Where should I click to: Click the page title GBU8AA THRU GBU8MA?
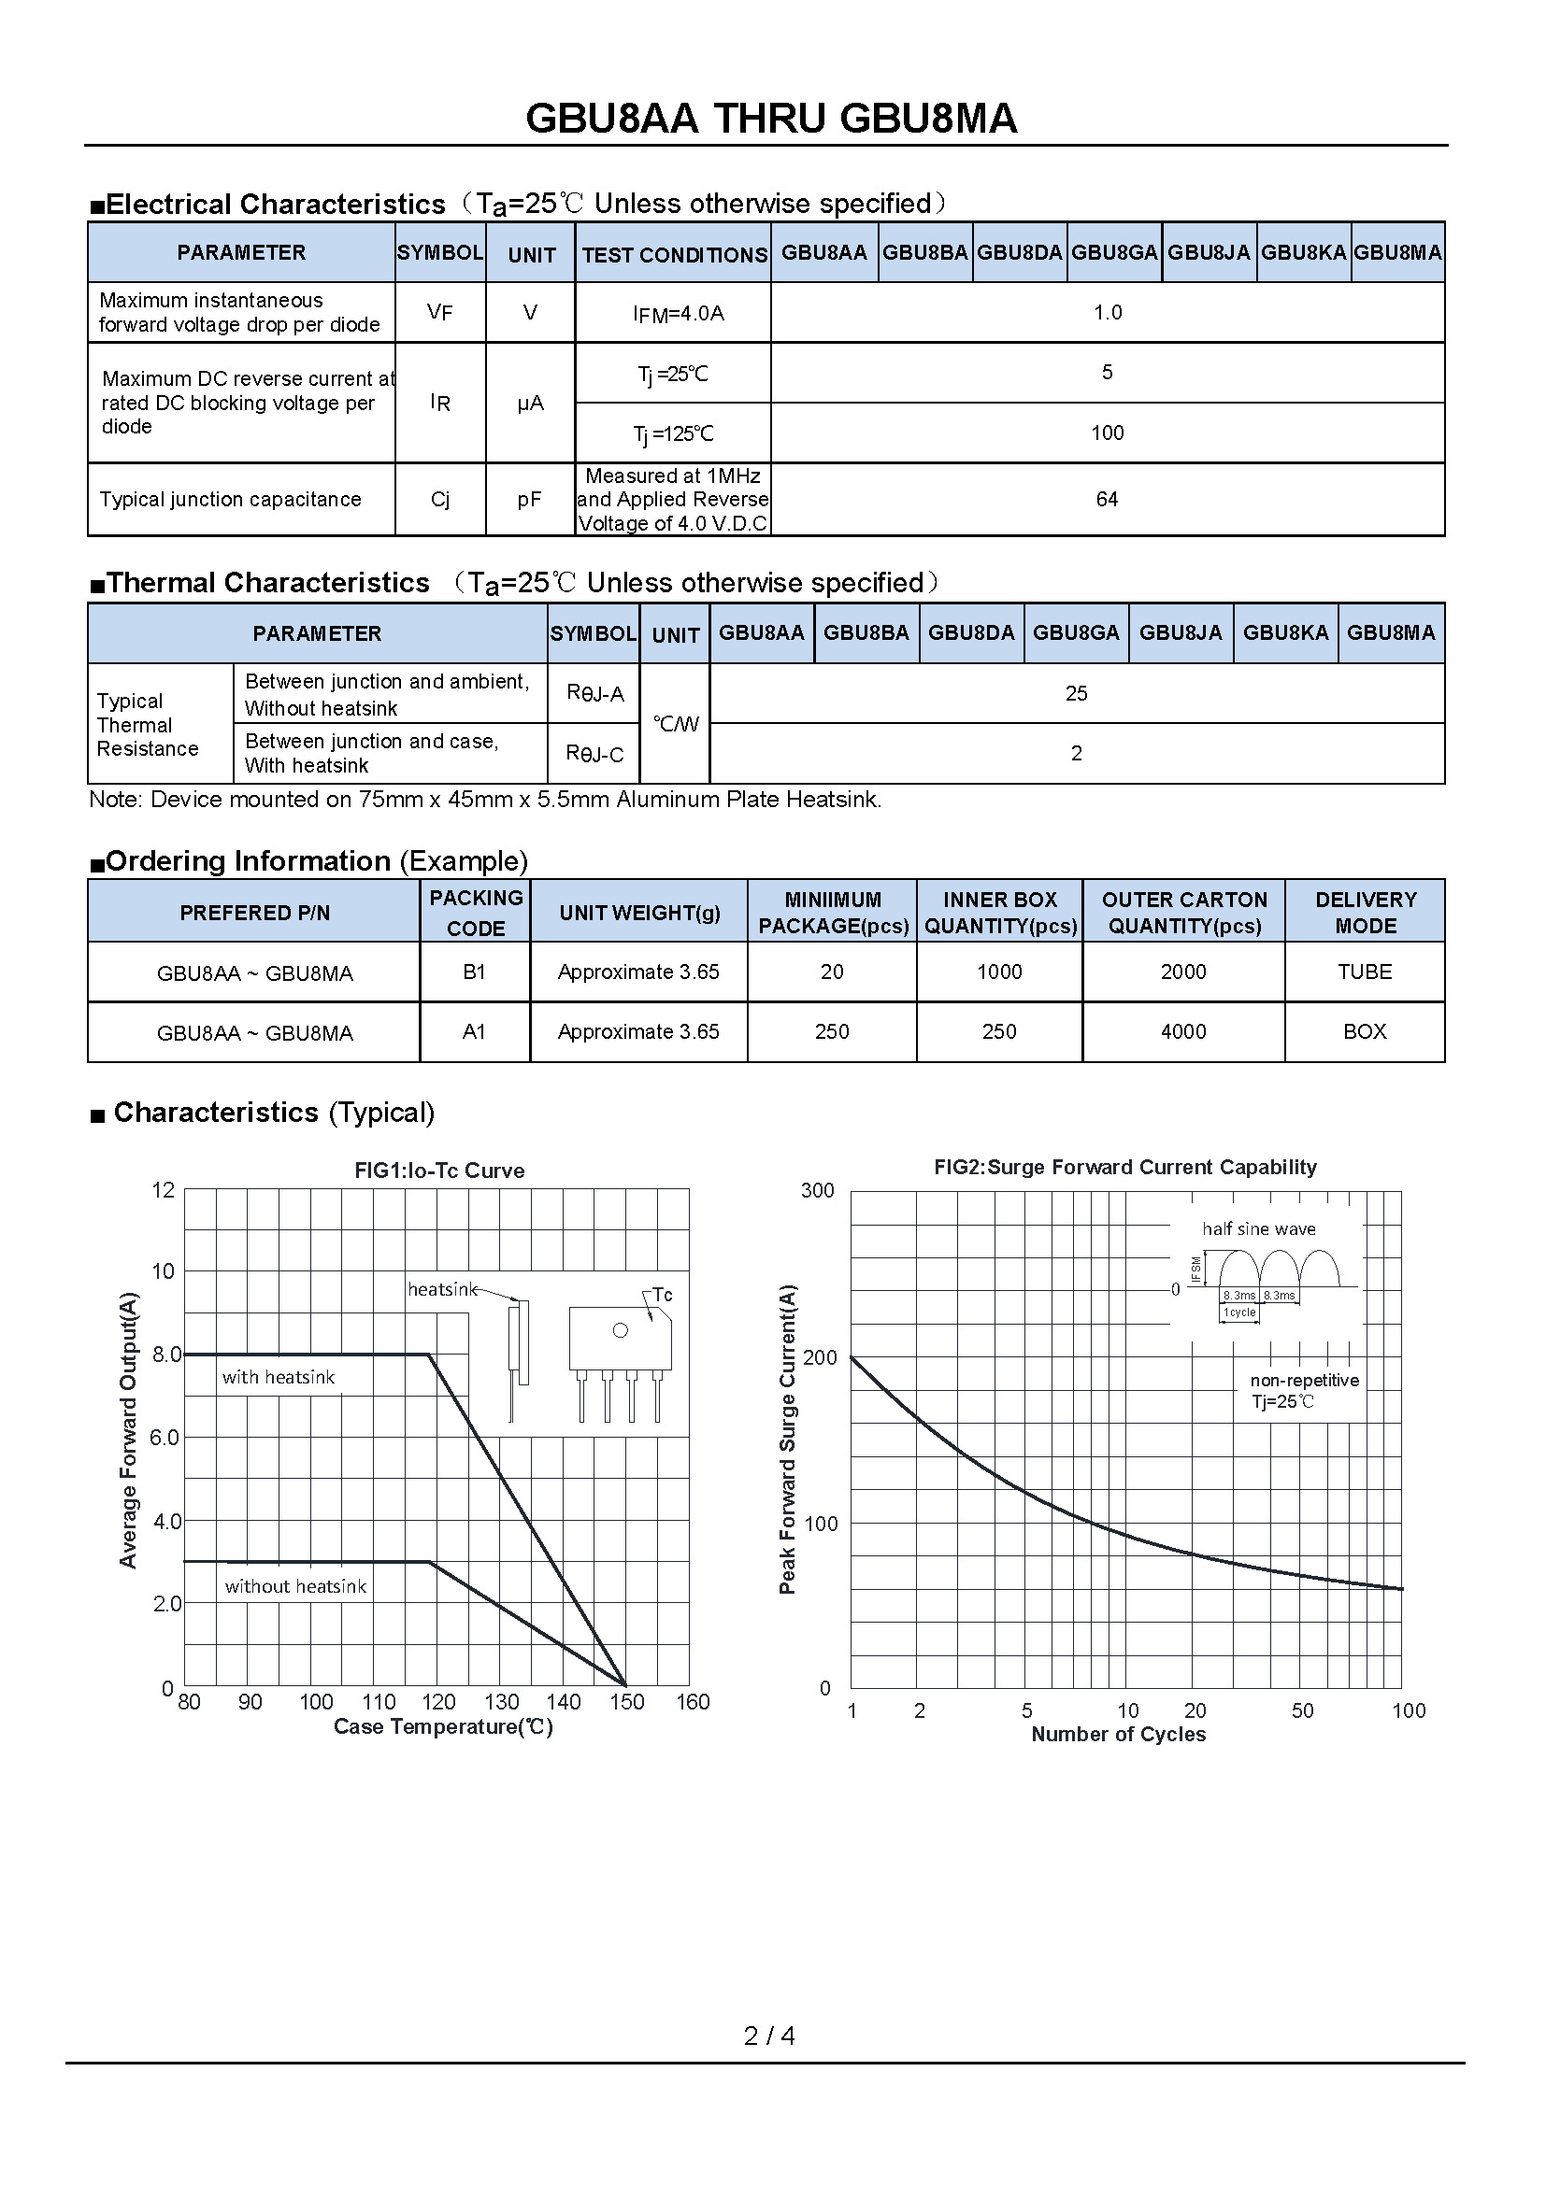point(771,119)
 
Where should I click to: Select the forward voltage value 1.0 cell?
point(1107,312)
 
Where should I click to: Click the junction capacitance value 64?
point(1106,499)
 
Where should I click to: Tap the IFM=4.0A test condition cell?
point(678,313)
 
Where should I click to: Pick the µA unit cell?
point(530,404)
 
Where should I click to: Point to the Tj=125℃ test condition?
point(673,434)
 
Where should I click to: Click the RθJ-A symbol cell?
point(595,694)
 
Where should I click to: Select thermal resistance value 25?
point(1076,694)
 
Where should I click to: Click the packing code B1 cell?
point(474,972)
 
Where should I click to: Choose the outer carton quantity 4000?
point(1183,1031)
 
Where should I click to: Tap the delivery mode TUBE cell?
point(1364,972)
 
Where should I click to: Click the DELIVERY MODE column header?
point(1365,912)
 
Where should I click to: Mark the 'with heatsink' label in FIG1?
point(278,1377)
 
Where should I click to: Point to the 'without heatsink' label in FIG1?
point(295,1586)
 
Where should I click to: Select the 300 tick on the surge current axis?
point(817,1190)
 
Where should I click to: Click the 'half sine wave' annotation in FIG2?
point(1258,1228)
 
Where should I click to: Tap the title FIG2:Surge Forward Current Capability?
point(1124,1168)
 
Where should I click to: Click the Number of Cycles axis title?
point(1118,1735)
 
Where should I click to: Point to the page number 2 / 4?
point(769,2036)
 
